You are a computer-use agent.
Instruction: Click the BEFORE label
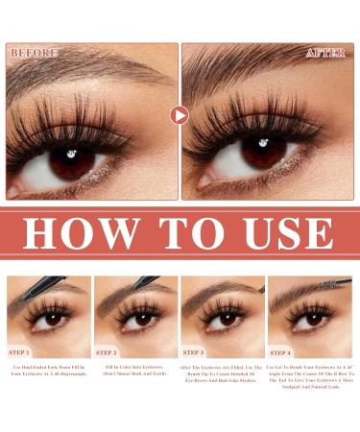35,53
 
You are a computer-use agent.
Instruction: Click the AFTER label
325,53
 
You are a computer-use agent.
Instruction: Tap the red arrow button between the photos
180,115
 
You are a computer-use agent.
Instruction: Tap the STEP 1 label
22,351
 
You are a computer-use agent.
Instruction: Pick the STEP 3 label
196,351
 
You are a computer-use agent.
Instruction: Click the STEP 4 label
281,351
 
